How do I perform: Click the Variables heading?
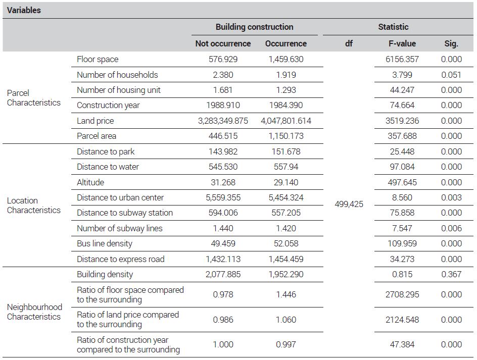pos(24,10)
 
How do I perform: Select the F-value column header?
pos(402,43)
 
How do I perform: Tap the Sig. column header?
pos(451,44)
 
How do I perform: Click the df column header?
pos(349,43)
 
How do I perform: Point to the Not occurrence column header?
pos(223,43)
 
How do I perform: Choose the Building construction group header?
pos(254,27)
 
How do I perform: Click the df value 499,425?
pos(349,204)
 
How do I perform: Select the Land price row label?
pos(95,121)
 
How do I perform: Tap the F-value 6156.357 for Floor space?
pos(402,59)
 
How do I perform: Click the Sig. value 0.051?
pos(451,75)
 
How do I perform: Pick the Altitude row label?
pos(90,182)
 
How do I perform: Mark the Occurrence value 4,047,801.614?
pos(286,121)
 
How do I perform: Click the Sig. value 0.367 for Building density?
pos(451,274)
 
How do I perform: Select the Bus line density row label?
pos(104,243)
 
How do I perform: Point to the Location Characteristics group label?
pos(34,205)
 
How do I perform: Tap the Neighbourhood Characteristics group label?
pos(34,312)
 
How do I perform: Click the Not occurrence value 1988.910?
pos(223,105)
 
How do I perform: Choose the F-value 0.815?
pos(402,274)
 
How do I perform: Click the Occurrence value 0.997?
pos(286,344)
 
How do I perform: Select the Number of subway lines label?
pos(120,228)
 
